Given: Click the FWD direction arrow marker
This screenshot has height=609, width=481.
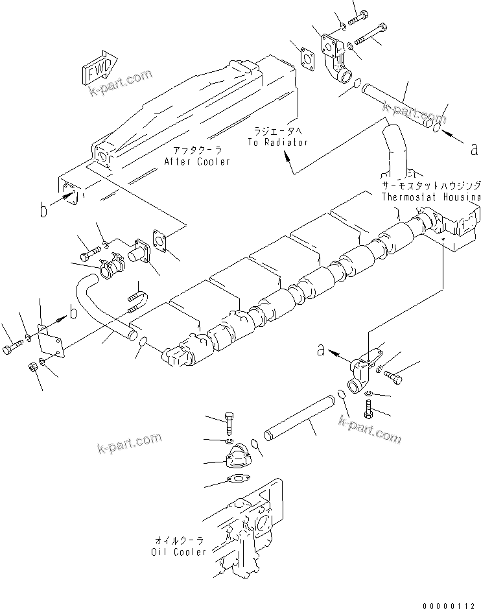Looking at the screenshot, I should pyautogui.click(x=98, y=68).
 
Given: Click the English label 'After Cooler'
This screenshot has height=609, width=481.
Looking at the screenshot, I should pyautogui.click(x=196, y=161).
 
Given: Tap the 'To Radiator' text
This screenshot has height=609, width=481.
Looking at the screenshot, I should pyautogui.click(x=277, y=142).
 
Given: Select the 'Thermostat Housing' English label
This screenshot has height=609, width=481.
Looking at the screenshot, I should pyautogui.click(x=430, y=197).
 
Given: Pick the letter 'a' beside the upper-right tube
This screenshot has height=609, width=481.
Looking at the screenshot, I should pyautogui.click(x=475, y=149).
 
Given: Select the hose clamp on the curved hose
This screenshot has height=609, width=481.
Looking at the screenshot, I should pyautogui.click(x=111, y=265).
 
